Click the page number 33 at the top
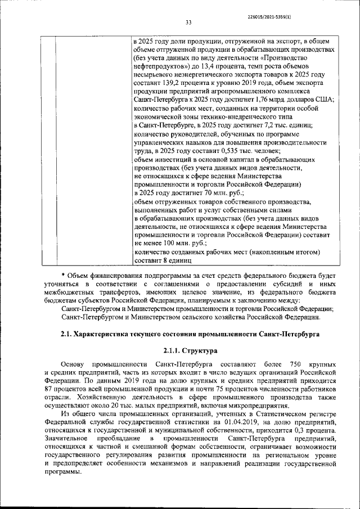pos(188,22)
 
